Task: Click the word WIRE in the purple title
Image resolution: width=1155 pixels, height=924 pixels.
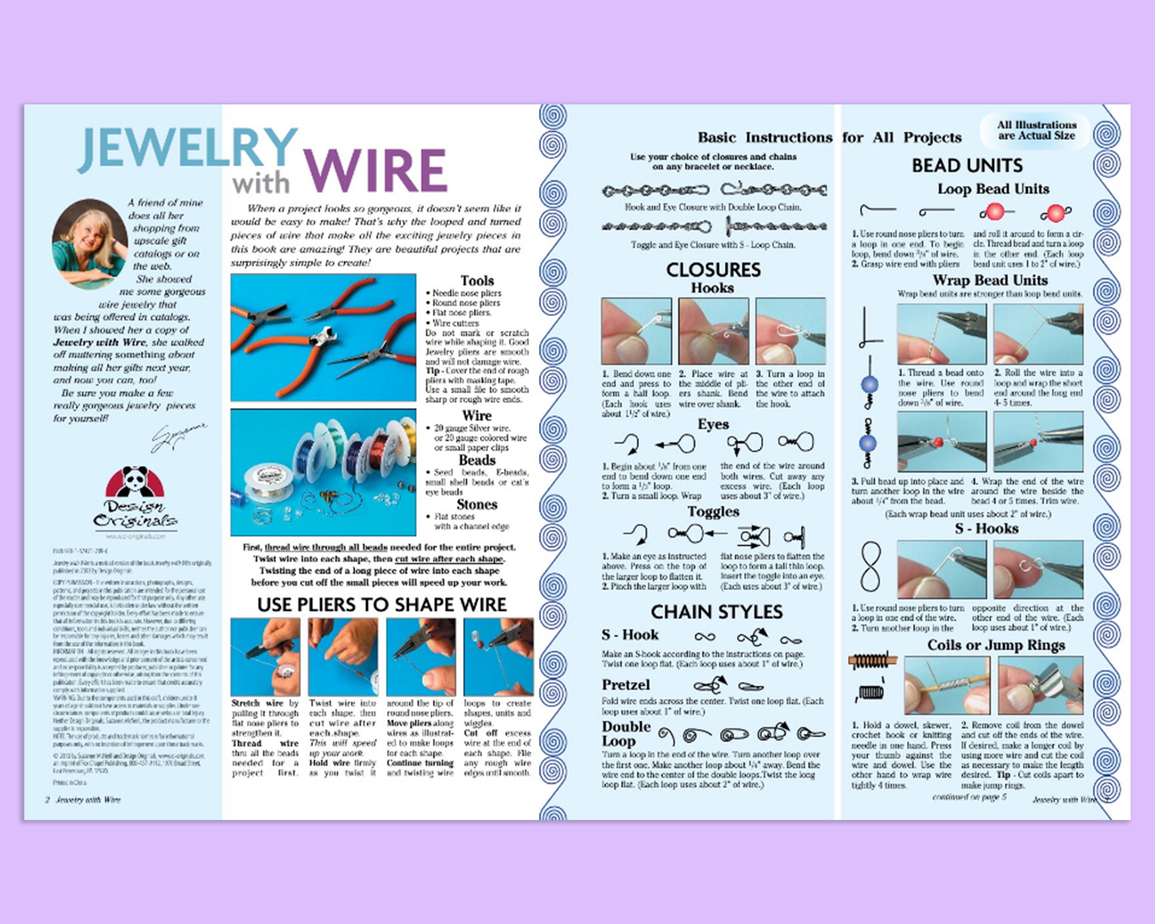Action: click(x=375, y=170)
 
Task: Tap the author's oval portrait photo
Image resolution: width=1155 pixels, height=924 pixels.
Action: click(x=89, y=244)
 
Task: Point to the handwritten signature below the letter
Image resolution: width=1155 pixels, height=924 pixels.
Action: click(x=178, y=437)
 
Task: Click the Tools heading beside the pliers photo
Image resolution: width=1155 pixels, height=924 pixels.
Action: click(x=477, y=281)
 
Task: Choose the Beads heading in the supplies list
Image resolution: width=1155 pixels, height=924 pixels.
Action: click(x=477, y=460)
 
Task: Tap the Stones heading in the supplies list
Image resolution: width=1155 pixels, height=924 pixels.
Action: click(x=477, y=505)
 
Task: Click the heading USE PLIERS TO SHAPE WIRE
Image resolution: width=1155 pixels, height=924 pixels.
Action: click(x=382, y=605)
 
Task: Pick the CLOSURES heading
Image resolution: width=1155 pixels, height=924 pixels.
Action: click(x=713, y=270)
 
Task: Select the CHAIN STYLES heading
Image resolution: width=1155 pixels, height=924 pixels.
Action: click(x=716, y=612)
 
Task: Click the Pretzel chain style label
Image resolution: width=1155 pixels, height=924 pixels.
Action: click(x=625, y=685)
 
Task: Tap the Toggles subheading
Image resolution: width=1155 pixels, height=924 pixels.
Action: click(x=713, y=512)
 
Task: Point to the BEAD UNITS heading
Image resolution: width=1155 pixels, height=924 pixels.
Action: click(x=967, y=166)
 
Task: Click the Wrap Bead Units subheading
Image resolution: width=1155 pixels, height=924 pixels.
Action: click(x=989, y=280)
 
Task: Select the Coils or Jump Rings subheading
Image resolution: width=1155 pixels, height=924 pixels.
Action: click(x=995, y=645)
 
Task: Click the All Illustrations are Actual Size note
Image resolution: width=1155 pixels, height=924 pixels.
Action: click(x=1036, y=130)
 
